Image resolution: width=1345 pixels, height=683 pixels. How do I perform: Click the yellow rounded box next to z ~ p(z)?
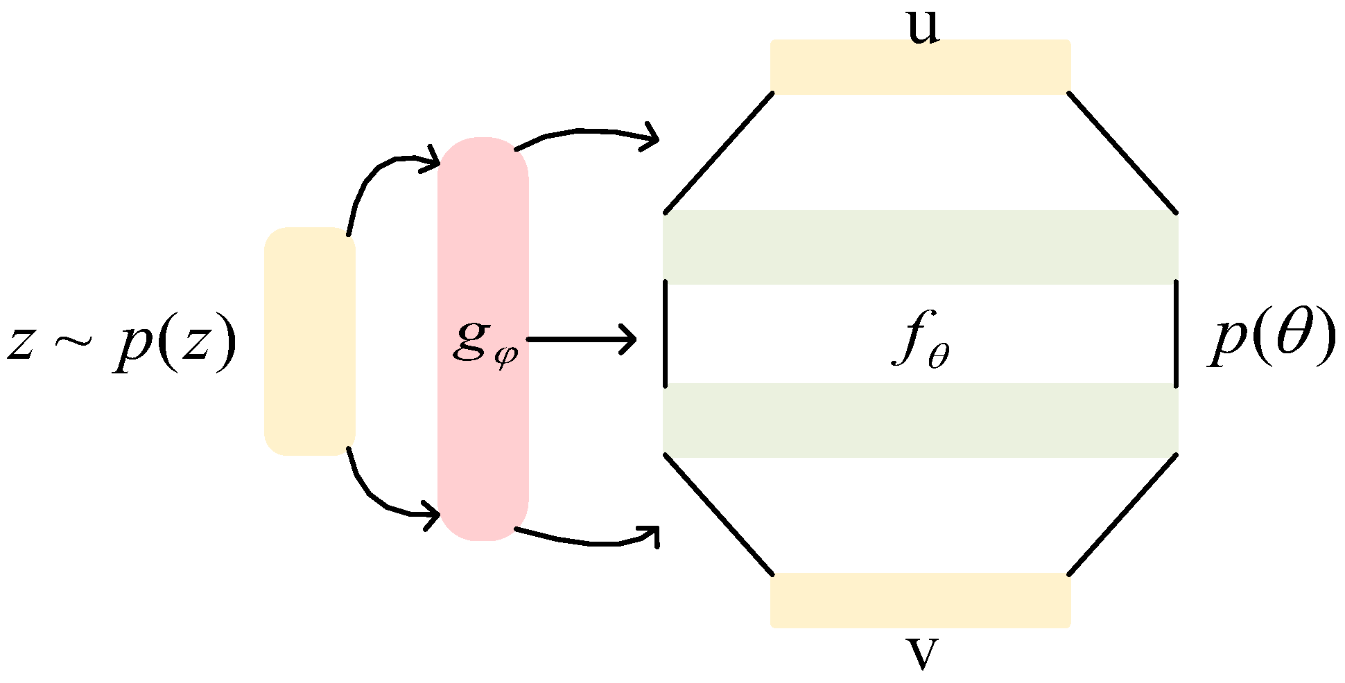click(x=310, y=341)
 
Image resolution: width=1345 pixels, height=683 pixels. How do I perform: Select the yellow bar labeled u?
click(x=921, y=66)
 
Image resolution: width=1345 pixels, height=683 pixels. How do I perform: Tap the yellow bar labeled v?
click(x=921, y=601)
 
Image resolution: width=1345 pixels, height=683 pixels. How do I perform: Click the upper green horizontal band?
click(x=921, y=247)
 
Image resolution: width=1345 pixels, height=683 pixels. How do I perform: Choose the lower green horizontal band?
click(x=921, y=420)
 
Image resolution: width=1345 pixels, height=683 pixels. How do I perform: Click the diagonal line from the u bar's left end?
click(x=719, y=152)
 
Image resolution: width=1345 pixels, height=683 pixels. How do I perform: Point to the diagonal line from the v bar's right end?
click(x=1123, y=514)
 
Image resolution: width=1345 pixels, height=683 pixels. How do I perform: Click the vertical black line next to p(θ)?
click(x=1177, y=333)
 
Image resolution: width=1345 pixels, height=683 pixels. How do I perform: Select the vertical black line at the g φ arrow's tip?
click(x=665, y=333)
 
